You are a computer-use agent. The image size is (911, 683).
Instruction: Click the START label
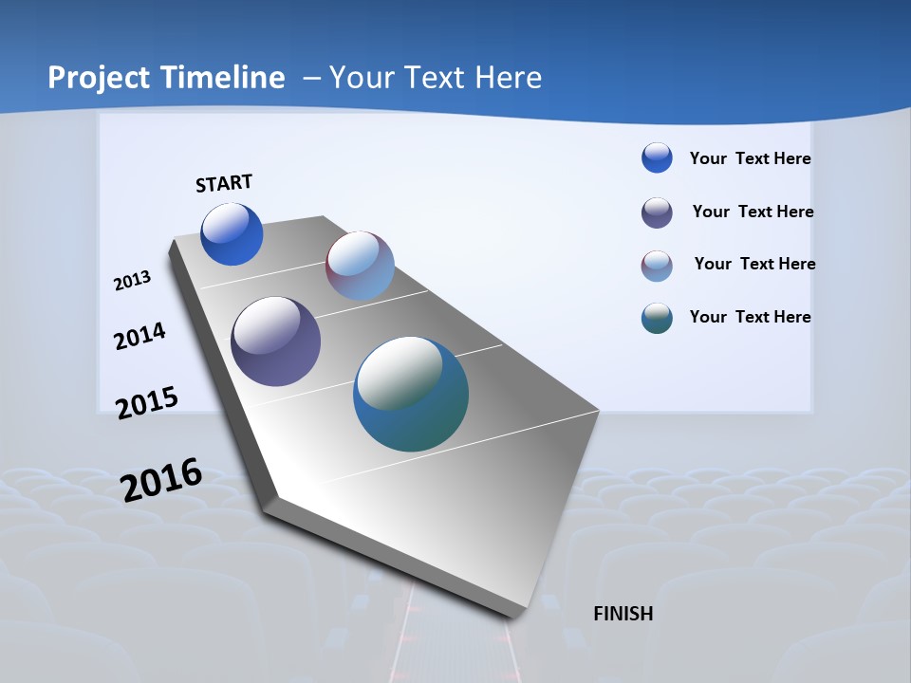224,183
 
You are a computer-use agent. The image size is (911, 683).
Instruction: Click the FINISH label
623,614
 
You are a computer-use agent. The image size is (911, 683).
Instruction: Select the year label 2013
133,281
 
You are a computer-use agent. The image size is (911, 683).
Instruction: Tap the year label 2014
140,336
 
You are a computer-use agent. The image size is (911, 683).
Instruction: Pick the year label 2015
147,403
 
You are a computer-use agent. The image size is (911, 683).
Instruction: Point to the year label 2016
161,479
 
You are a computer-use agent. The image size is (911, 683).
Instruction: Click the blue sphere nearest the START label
232,234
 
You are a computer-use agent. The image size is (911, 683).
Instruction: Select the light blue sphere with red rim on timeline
360,266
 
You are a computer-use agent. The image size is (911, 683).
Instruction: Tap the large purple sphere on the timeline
276,341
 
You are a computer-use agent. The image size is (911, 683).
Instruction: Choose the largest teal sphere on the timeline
411,394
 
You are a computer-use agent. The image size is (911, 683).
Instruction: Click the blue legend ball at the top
657,158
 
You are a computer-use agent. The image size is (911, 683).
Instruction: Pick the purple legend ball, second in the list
657,212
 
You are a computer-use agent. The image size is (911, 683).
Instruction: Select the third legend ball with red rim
657,266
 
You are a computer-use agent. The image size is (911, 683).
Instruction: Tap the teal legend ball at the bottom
657,318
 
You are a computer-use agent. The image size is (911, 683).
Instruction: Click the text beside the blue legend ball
750,158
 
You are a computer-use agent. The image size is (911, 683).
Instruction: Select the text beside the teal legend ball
750,317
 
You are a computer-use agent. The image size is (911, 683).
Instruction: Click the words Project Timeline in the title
166,78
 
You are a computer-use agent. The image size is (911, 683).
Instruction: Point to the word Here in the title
508,78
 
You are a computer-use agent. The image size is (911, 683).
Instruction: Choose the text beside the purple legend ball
753,212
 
